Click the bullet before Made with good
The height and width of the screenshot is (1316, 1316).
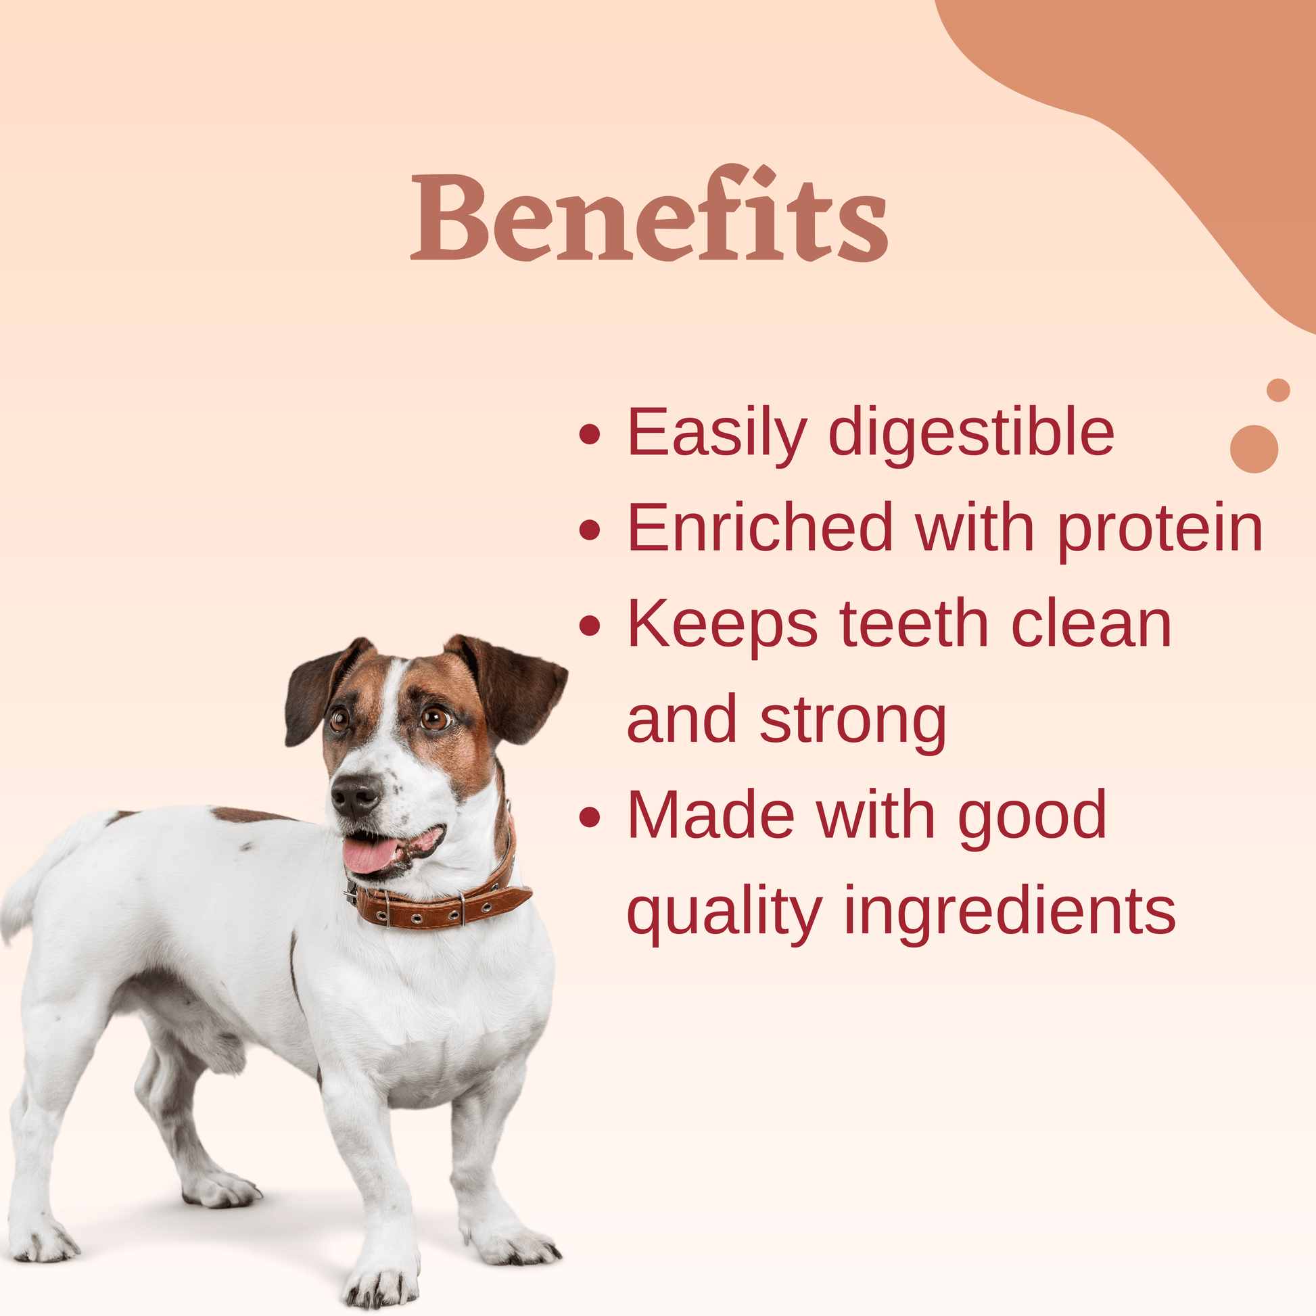pyautogui.click(x=590, y=818)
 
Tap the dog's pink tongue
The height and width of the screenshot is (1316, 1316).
pyautogui.click(x=371, y=853)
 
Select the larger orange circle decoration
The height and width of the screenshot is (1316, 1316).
pyautogui.click(x=1254, y=449)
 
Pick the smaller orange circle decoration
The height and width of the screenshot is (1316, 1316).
pyautogui.click(x=1279, y=390)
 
